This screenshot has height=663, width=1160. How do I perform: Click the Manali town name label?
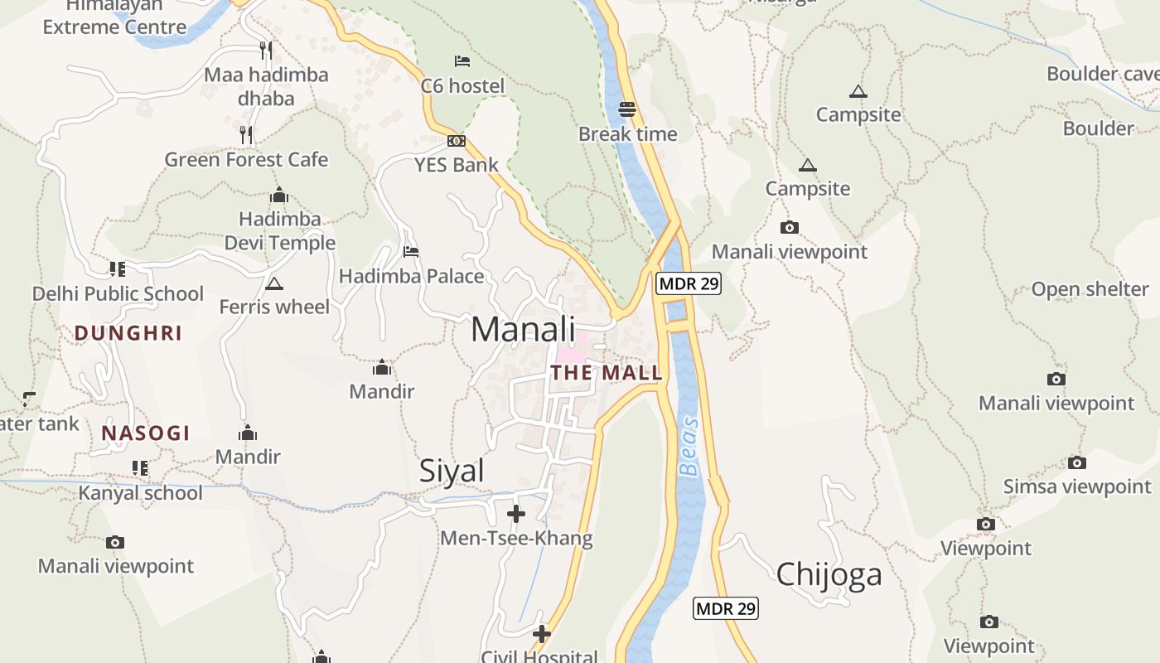click(523, 329)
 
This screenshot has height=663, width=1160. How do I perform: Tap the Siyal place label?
click(452, 471)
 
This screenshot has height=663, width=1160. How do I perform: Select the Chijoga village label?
click(829, 574)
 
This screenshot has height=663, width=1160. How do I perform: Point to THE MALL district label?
click(607, 373)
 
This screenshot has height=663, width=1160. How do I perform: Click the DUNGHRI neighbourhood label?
click(128, 333)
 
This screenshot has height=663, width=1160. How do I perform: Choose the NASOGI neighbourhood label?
click(146, 433)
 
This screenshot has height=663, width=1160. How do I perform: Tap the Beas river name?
click(689, 448)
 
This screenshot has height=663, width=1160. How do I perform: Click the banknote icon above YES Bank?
click(457, 141)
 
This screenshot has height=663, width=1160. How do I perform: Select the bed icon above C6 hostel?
click(462, 61)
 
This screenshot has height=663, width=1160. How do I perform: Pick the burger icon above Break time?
click(627, 109)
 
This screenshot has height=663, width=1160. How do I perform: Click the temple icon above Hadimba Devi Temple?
click(279, 196)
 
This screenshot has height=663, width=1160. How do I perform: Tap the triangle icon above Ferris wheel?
click(274, 284)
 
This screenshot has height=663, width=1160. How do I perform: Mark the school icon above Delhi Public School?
click(117, 269)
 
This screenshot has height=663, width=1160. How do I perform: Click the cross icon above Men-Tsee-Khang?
click(516, 514)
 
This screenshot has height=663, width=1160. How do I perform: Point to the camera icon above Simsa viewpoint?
click(1076, 462)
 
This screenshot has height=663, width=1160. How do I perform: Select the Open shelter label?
click(1090, 289)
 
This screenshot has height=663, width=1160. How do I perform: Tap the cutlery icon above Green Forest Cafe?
click(246, 134)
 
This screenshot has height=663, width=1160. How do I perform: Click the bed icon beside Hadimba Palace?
click(411, 252)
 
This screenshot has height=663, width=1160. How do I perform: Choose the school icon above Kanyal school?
click(140, 468)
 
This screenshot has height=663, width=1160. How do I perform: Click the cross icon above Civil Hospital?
click(542, 634)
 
